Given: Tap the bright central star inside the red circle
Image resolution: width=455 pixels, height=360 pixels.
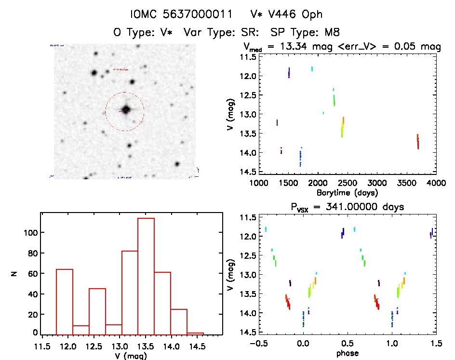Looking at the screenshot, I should [126, 110].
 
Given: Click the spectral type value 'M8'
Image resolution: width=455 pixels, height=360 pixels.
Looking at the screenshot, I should [331, 32].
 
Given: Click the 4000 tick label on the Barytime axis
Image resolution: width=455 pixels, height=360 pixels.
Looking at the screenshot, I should [436, 183].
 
